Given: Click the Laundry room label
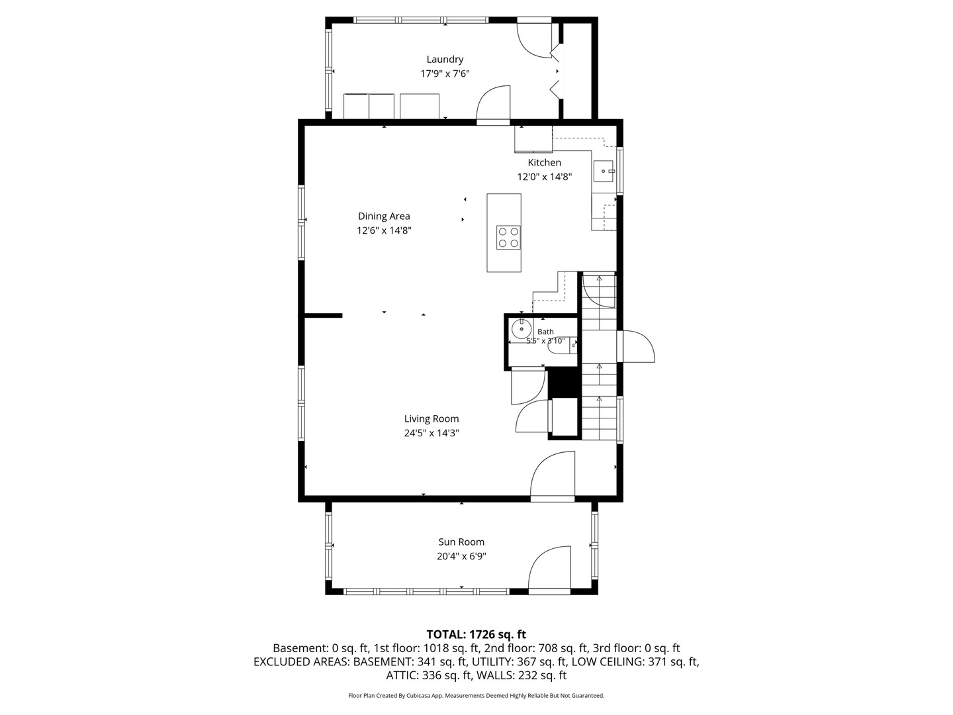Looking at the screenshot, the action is (445, 60).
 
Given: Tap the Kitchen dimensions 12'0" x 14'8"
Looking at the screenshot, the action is (544, 177).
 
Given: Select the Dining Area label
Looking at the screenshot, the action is (384, 216).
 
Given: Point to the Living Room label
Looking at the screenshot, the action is (431, 418).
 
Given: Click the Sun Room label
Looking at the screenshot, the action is (461, 542).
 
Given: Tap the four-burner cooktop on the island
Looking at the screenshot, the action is (508, 238).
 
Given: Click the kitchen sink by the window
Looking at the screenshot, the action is (604, 171).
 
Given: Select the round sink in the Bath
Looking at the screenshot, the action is (521, 328).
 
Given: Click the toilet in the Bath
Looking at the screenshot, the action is (565, 345).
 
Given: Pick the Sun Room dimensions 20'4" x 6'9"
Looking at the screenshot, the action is (461, 556).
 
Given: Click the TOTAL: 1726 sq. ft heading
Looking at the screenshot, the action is (476, 635).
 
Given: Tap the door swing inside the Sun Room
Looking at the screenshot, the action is (549, 568).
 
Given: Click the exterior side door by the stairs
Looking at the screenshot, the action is (635, 346).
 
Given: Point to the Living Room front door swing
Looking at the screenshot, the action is (552, 476).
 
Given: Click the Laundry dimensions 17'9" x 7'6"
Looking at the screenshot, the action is (445, 73).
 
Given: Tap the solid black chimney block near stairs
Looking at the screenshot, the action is (563, 383).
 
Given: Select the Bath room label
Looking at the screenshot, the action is (545, 332).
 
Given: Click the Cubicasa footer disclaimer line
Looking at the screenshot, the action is (476, 695).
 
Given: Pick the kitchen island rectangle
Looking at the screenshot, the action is (504, 232).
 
